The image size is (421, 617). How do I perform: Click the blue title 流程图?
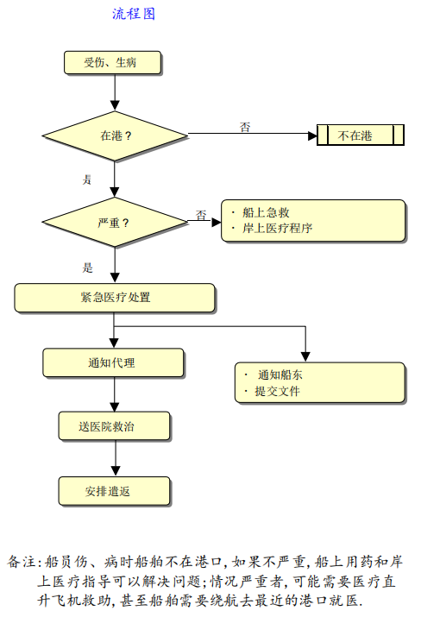coord(134,14)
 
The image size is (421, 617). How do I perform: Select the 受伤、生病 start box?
coord(112,63)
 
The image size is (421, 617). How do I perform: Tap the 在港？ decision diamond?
coord(115,136)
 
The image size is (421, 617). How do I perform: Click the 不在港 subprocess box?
coord(361,135)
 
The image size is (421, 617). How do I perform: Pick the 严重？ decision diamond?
coord(115,223)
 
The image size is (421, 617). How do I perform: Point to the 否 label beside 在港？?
coord(245,127)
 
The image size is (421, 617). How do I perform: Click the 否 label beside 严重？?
coord(201,215)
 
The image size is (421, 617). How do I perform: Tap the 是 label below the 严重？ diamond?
coord(87,268)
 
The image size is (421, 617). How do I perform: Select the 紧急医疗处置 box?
coord(115,298)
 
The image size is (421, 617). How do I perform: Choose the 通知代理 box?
coord(113,362)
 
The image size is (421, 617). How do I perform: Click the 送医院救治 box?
coord(115,426)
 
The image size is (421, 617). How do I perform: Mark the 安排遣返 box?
coord(115,491)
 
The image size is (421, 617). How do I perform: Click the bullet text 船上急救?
coord(266,212)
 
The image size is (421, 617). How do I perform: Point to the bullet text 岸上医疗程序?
coord(278,228)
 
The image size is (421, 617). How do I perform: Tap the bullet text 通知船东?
coord(280,375)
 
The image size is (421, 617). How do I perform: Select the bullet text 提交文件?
coord(278,391)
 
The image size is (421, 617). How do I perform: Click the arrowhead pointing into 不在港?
coord(312,136)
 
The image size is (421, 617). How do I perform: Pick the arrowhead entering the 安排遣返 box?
coord(116,471)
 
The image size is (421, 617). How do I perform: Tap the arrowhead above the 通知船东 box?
coord(305,357)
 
